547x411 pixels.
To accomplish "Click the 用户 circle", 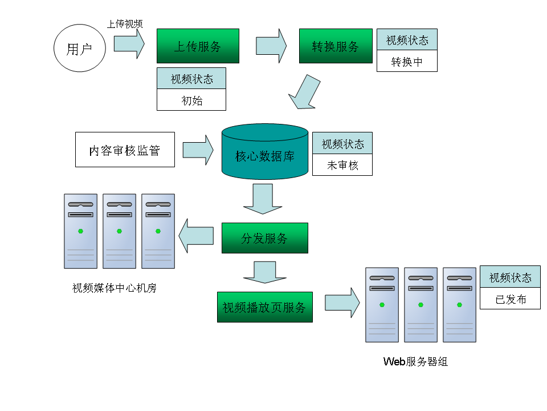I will point(80,49).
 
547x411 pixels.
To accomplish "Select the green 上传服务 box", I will point(198,46).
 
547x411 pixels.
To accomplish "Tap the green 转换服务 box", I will point(336,46).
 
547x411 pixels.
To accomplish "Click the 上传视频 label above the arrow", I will point(125,23).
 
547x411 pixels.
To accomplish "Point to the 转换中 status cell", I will point(407,61).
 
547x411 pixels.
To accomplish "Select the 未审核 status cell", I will point(342,165).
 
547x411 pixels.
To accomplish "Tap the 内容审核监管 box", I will point(125,150).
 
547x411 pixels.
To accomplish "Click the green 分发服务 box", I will point(264,238).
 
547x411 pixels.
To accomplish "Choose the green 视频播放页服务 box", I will point(264,307).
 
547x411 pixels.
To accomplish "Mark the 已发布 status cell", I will point(510,299).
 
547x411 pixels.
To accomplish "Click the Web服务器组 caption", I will point(415,361).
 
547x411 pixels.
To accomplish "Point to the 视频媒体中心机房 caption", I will point(115,288).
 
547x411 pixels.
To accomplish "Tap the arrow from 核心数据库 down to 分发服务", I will point(263,199).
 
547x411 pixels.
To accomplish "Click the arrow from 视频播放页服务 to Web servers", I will point(342,303).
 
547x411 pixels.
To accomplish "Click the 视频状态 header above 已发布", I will point(510,277).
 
